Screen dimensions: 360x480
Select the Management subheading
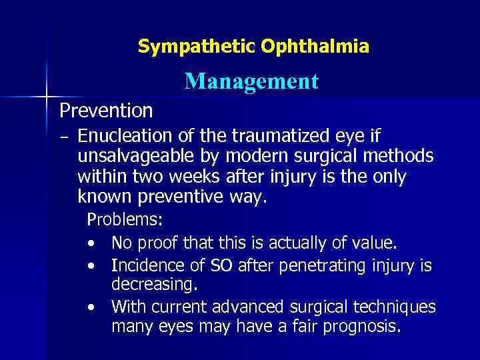[x=252, y=81]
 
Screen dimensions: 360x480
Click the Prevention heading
[x=106, y=110]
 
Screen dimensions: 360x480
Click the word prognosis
[x=361, y=327]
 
